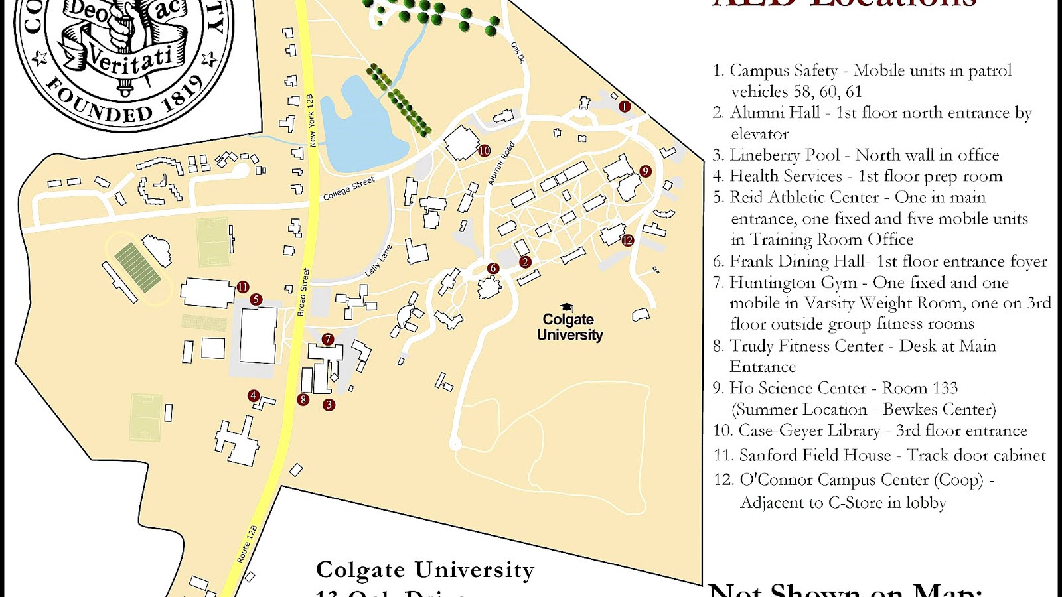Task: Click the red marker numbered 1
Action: click(x=624, y=106)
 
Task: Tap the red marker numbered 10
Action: click(x=485, y=151)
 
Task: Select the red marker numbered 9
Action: click(x=645, y=171)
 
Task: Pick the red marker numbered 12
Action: click(x=628, y=240)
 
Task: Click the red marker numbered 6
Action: click(x=493, y=268)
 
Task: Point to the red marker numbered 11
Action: click(x=243, y=287)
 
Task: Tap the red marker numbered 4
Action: click(x=253, y=395)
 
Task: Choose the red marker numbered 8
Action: click(x=303, y=399)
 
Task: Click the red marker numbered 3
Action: click(x=329, y=404)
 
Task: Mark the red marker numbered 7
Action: click(x=327, y=339)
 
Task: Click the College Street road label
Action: click(x=349, y=188)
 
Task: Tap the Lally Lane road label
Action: click(x=379, y=261)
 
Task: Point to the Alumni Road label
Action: click(x=501, y=163)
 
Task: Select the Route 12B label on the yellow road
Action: click(x=247, y=544)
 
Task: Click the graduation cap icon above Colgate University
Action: click(x=567, y=307)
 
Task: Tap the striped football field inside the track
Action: click(x=138, y=267)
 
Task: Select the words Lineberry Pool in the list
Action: click(x=785, y=155)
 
